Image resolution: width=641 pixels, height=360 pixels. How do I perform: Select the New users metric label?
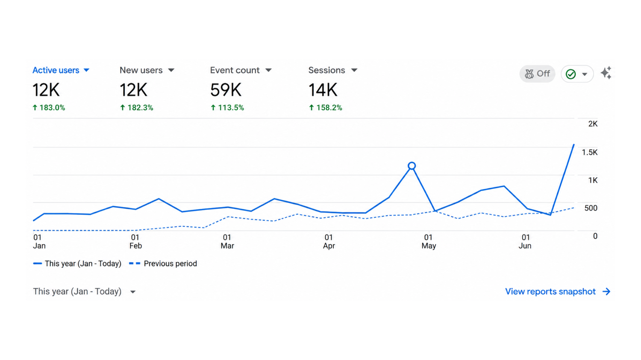click(141, 70)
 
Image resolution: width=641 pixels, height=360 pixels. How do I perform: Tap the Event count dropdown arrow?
click(268, 70)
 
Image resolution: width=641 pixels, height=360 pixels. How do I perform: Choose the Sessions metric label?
click(326, 70)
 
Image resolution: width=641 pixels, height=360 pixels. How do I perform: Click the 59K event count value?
click(226, 90)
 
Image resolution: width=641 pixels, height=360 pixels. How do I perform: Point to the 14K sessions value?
click(323, 90)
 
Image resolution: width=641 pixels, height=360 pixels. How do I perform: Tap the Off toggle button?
click(537, 74)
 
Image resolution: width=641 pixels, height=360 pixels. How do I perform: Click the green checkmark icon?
click(570, 74)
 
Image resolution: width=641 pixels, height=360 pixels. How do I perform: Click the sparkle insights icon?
click(606, 73)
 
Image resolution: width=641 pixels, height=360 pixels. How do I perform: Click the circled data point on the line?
click(412, 166)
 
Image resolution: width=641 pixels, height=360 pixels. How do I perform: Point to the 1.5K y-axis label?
click(589, 152)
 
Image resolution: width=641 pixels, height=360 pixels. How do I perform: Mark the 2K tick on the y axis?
click(593, 124)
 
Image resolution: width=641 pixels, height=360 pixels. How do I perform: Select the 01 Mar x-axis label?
click(227, 242)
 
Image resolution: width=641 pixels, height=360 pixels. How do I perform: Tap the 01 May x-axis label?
click(429, 242)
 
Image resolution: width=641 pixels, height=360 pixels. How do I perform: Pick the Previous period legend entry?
click(163, 263)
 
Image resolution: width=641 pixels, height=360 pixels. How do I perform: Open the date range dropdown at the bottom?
click(84, 292)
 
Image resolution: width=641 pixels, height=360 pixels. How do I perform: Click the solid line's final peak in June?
click(574, 145)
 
